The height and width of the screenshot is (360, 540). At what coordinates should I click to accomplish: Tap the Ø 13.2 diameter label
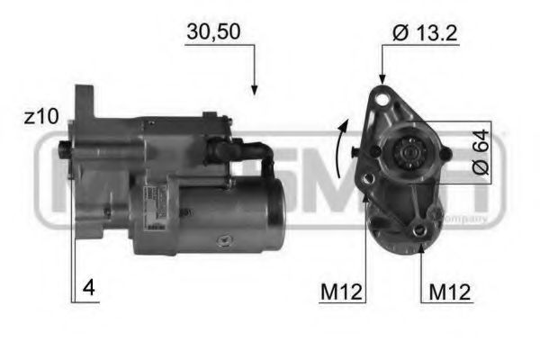point(426,33)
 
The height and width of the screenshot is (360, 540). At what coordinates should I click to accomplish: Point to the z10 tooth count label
point(41,117)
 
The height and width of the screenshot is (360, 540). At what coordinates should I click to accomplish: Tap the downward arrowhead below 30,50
point(254,89)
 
